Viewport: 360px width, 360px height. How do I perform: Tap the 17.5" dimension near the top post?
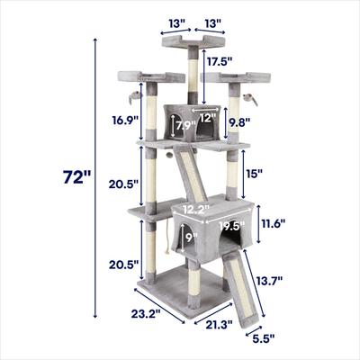[x=220, y=63]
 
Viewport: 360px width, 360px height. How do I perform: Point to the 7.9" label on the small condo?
[x=184, y=125]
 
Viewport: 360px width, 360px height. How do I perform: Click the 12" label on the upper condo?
[x=209, y=117]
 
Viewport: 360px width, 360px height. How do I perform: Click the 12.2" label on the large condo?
[x=196, y=210]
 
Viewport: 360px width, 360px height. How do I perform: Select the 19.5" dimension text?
[x=231, y=226]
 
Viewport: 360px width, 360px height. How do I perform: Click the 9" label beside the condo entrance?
[x=190, y=238]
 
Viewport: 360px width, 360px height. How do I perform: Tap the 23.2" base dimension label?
[x=144, y=314]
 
